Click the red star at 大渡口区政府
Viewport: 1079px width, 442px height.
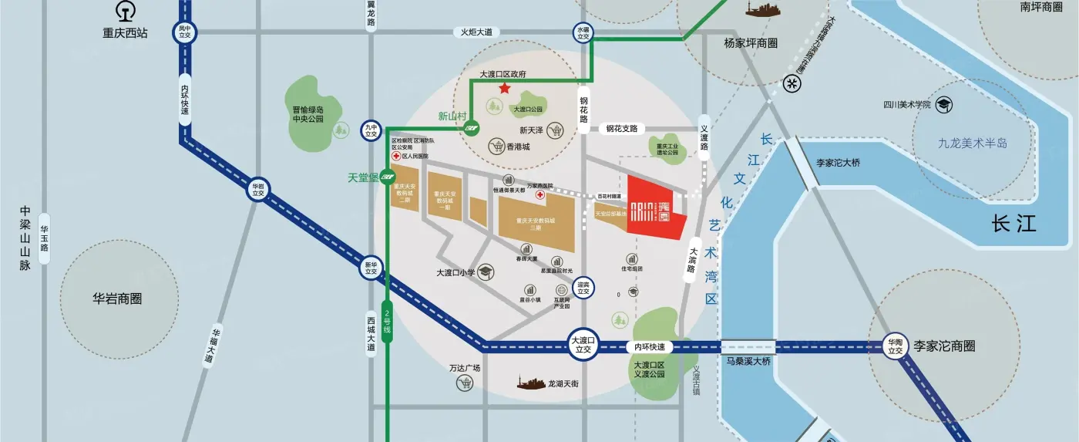pos(504,89)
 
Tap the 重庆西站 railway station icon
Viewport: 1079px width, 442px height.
pos(125,12)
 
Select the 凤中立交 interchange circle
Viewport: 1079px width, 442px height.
pos(185,32)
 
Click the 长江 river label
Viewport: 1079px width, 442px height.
pos(1013,224)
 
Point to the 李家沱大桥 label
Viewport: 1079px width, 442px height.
pos(838,163)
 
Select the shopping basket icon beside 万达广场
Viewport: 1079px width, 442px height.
pos(464,383)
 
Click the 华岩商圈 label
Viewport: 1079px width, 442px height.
pos(119,299)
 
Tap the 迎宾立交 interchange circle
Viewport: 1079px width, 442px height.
pos(583,288)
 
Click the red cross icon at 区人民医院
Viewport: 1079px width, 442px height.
pos(396,156)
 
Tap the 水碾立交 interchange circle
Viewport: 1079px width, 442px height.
pos(583,32)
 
